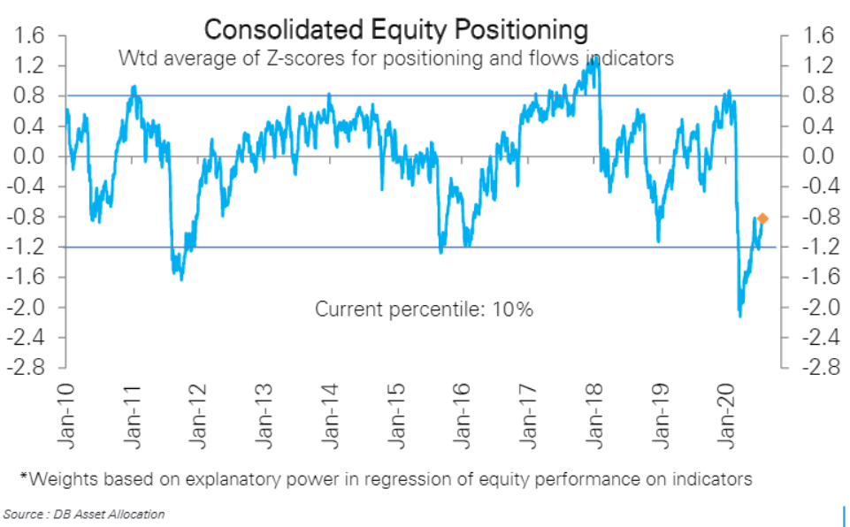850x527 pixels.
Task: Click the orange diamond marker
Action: click(x=762, y=218)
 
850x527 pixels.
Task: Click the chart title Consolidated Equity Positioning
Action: click(x=395, y=29)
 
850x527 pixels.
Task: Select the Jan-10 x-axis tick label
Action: click(x=66, y=415)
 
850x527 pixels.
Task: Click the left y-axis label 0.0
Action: click(x=32, y=157)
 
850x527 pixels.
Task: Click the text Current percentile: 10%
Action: click(x=424, y=309)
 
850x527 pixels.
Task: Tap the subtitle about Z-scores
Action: click(x=396, y=59)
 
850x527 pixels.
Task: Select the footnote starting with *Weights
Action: click(x=386, y=479)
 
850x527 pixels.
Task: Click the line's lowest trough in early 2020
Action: click(x=739, y=316)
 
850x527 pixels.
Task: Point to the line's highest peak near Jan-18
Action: click(x=596, y=58)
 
